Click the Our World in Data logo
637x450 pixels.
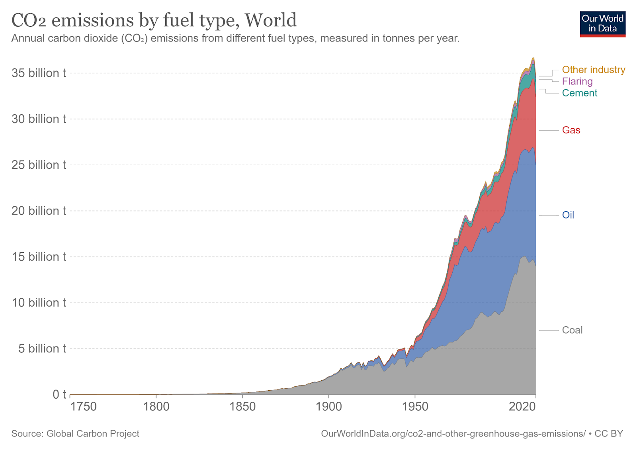point(602,24)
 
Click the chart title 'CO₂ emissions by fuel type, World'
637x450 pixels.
point(154,20)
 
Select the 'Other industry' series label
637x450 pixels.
point(593,70)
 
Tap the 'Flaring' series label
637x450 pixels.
point(577,81)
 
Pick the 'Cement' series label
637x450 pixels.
point(579,93)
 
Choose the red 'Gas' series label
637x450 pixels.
point(571,130)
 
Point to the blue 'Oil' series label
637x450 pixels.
point(568,215)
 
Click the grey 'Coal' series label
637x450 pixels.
point(572,330)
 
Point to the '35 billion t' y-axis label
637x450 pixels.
point(39,73)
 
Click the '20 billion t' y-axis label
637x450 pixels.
point(39,211)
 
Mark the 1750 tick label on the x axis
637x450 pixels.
point(83,407)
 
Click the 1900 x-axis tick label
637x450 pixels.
point(328,407)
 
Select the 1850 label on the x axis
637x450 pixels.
point(242,407)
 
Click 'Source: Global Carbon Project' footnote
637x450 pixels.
point(75,434)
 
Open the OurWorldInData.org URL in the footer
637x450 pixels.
point(453,434)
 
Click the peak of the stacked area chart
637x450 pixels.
point(533,58)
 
